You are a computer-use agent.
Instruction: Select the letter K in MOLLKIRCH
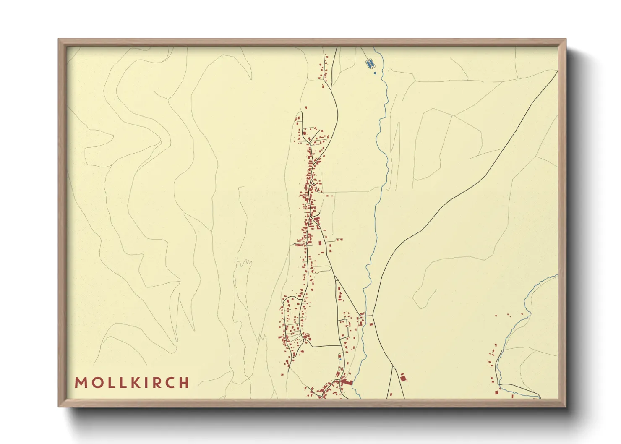click(x=135, y=383)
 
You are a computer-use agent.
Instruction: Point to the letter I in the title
click(x=146, y=383)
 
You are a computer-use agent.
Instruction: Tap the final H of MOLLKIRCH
click(x=184, y=383)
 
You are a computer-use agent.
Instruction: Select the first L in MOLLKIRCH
click(x=109, y=383)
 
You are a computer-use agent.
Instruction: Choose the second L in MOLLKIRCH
click(x=122, y=383)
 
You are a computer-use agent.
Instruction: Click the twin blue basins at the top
click(x=370, y=64)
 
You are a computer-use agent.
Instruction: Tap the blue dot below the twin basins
click(x=375, y=73)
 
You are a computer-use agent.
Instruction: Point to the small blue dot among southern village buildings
click(x=340, y=360)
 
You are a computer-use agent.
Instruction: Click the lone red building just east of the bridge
click(x=371, y=324)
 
